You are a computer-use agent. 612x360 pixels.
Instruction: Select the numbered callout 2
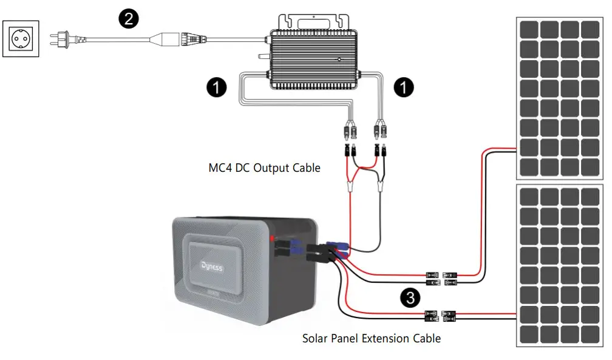127,19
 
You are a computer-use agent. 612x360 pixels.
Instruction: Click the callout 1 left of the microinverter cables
217,87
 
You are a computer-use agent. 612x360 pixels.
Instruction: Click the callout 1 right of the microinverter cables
403,87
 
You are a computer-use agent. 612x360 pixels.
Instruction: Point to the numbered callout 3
411,297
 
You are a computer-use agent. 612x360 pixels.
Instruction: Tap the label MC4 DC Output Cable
264,168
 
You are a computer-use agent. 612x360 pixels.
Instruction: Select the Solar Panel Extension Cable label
372,338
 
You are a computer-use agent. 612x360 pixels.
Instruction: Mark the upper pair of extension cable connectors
441,279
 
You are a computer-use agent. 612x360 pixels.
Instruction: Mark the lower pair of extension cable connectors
441,316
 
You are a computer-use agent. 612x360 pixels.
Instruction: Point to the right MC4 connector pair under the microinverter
381,140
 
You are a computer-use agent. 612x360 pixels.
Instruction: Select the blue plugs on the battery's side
296,247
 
